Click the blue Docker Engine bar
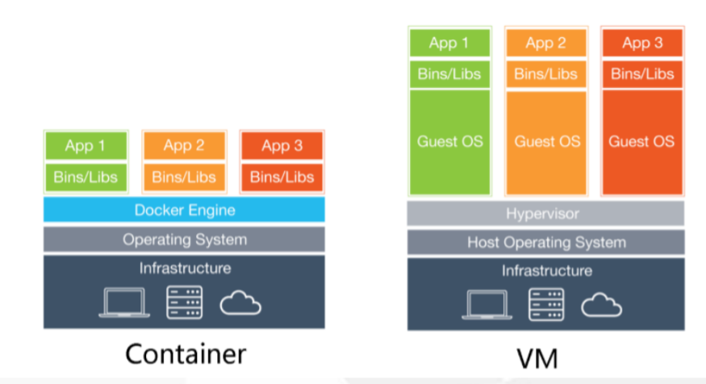[185, 211]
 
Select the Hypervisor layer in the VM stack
[546, 214]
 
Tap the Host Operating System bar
[546, 242]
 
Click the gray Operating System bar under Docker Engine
[185, 240]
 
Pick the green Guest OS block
[449, 142]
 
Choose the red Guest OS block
[641, 142]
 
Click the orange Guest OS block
[546, 142]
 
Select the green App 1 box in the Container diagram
[86, 146]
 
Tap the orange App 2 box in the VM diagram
[546, 44]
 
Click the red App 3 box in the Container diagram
[282, 146]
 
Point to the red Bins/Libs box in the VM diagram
[641, 74]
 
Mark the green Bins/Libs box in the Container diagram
[86, 177]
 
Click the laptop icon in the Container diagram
[123, 303]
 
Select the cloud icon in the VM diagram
[602, 304]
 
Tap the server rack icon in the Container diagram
[184, 303]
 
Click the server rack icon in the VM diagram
[546, 304]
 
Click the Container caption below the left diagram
[185, 354]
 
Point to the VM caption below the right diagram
[536, 358]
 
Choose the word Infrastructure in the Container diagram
[185, 268]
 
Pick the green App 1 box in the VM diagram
[449, 44]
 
